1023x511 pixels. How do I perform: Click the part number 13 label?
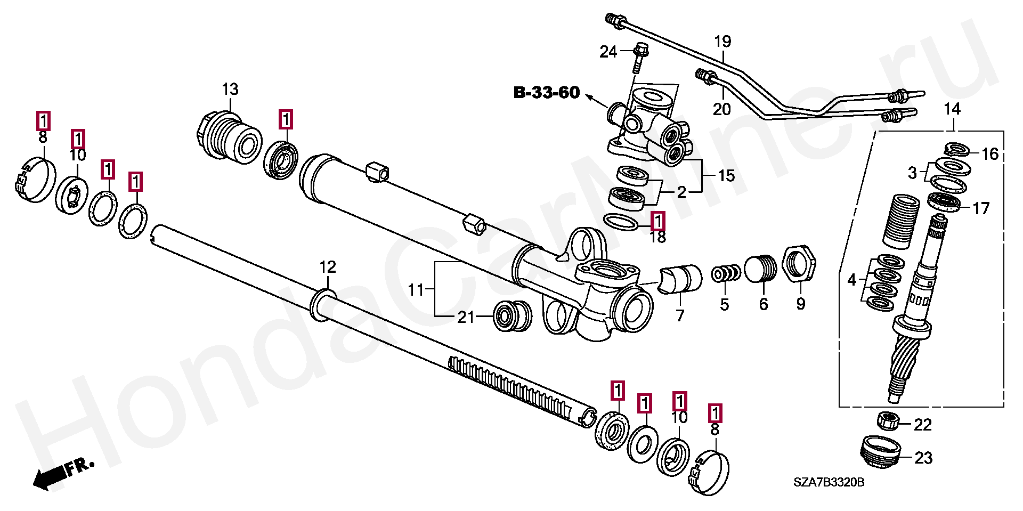point(230,89)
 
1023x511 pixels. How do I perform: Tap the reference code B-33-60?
point(546,93)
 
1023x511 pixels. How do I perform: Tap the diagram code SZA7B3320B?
point(829,483)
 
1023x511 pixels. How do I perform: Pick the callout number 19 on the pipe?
point(722,41)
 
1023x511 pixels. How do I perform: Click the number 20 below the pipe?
point(722,109)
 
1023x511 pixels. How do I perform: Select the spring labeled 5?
point(726,273)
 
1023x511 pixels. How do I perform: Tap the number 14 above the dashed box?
point(952,109)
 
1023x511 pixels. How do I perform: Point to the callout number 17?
point(981,208)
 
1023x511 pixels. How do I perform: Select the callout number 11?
point(416,290)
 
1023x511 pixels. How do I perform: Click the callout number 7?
point(680,316)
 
